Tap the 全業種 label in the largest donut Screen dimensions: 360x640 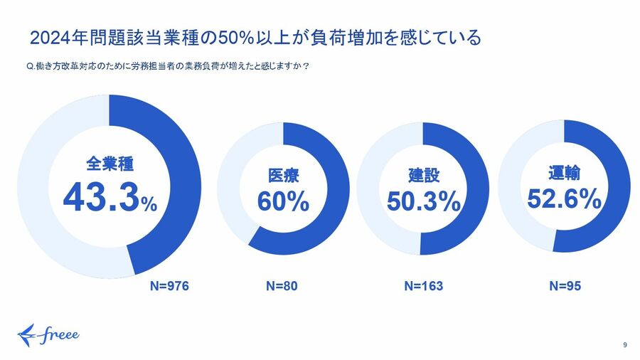110,166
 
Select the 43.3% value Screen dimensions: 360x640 110,198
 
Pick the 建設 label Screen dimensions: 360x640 423,174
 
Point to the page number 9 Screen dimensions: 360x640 624,345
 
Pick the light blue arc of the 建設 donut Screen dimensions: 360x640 369,189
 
